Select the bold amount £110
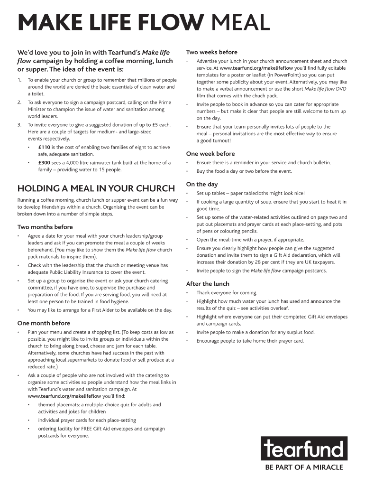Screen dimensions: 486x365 pos(44,147)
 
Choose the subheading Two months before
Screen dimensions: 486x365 pos(45,227)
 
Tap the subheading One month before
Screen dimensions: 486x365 pos(44,323)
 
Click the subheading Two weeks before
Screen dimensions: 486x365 pos(212,52)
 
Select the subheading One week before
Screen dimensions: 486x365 pos(210,154)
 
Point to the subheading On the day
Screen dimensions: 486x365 pos(202,184)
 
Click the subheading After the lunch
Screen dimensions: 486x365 pos(208,284)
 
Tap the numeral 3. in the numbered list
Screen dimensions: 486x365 pos(19,125)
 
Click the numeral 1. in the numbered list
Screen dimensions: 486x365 pos(19,80)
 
